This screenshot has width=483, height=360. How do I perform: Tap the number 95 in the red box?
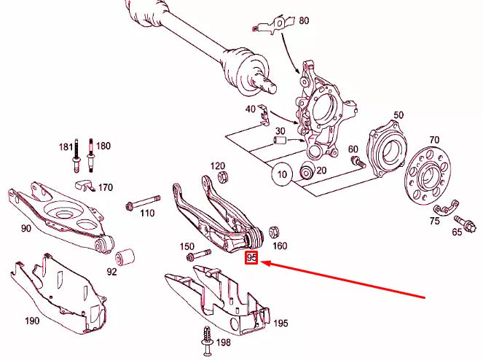coord(252,258)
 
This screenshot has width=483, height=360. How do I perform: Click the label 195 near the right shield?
coord(280,323)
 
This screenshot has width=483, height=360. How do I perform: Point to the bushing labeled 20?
coord(307,172)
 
